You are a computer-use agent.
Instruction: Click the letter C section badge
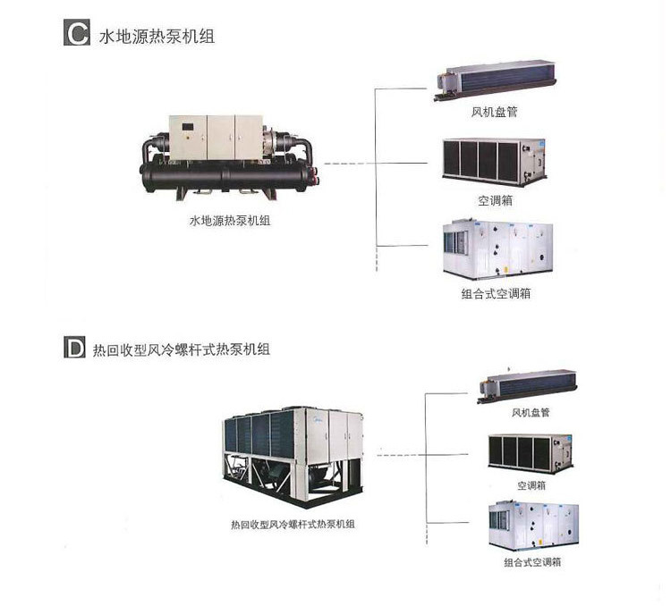click(77, 32)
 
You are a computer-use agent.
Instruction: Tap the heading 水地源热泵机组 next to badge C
click(157, 37)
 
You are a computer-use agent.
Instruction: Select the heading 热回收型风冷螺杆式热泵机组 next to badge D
click(182, 349)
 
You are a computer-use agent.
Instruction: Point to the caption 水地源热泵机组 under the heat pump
click(230, 221)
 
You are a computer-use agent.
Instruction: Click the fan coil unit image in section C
click(496, 80)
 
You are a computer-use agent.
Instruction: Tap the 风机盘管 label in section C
click(494, 112)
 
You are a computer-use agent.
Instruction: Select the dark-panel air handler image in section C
click(494, 162)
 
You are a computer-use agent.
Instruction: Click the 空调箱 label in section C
click(495, 200)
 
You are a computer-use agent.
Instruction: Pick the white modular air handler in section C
click(498, 248)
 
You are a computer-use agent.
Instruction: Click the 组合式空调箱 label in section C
click(496, 293)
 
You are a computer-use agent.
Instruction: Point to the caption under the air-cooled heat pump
click(293, 525)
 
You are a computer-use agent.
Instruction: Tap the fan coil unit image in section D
click(527, 387)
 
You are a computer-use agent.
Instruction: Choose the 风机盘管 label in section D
click(531, 413)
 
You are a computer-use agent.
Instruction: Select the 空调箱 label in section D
click(531, 485)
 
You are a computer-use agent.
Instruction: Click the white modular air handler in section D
click(533, 526)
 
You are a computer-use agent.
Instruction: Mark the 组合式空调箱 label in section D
click(532, 562)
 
